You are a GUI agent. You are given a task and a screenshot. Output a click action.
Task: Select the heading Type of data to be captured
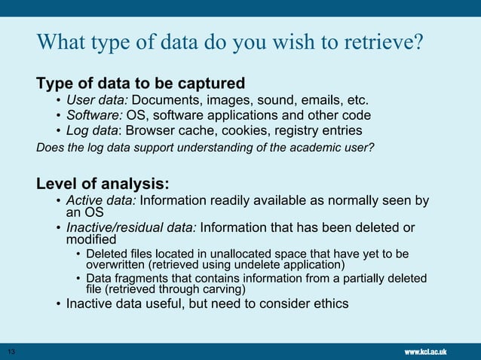[x=141, y=82]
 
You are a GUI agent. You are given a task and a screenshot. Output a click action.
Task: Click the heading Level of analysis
[x=103, y=183]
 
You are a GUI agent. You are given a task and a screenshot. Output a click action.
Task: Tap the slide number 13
[x=11, y=352]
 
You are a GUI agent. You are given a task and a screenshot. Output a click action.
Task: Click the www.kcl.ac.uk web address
[x=426, y=352]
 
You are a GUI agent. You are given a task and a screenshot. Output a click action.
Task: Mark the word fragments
[x=139, y=279]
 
